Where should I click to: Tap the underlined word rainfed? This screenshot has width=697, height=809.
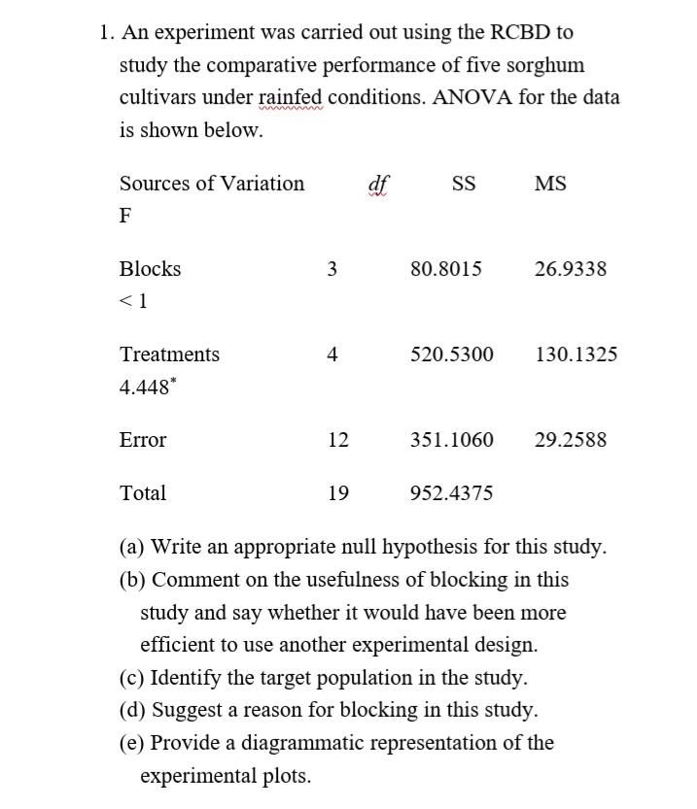(292, 98)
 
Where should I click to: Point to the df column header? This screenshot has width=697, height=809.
(378, 184)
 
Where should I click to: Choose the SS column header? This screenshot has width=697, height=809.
(464, 184)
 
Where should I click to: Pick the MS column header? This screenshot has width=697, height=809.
(550, 184)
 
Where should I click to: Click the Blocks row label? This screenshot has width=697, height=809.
(150, 269)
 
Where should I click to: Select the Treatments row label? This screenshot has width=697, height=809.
(169, 354)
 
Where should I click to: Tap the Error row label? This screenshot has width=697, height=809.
(143, 440)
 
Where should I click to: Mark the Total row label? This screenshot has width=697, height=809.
(143, 493)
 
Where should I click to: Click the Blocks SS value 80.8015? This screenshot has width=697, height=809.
(446, 269)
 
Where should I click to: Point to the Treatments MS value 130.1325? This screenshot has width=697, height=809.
(576, 354)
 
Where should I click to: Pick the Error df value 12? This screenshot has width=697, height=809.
(338, 440)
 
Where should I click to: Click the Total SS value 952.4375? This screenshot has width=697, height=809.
(451, 493)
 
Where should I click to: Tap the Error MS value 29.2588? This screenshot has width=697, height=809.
(571, 440)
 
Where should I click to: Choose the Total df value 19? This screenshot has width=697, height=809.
(338, 493)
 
